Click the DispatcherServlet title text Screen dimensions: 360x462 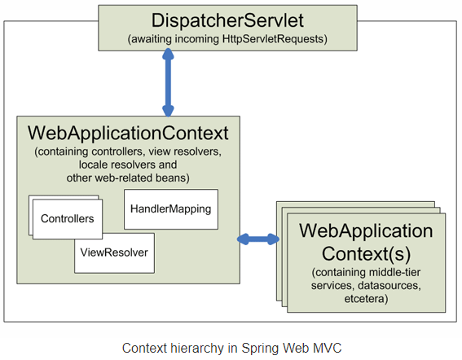(231, 20)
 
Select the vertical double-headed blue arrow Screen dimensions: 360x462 (169, 81)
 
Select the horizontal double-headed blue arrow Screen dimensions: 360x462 (257, 239)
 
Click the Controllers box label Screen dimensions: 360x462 (67, 219)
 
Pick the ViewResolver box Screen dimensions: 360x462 (114, 252)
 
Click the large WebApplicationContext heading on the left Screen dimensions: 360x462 (128, 132)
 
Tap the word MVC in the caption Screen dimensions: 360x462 (326, 348)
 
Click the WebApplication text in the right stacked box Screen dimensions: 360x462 (366, 230)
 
